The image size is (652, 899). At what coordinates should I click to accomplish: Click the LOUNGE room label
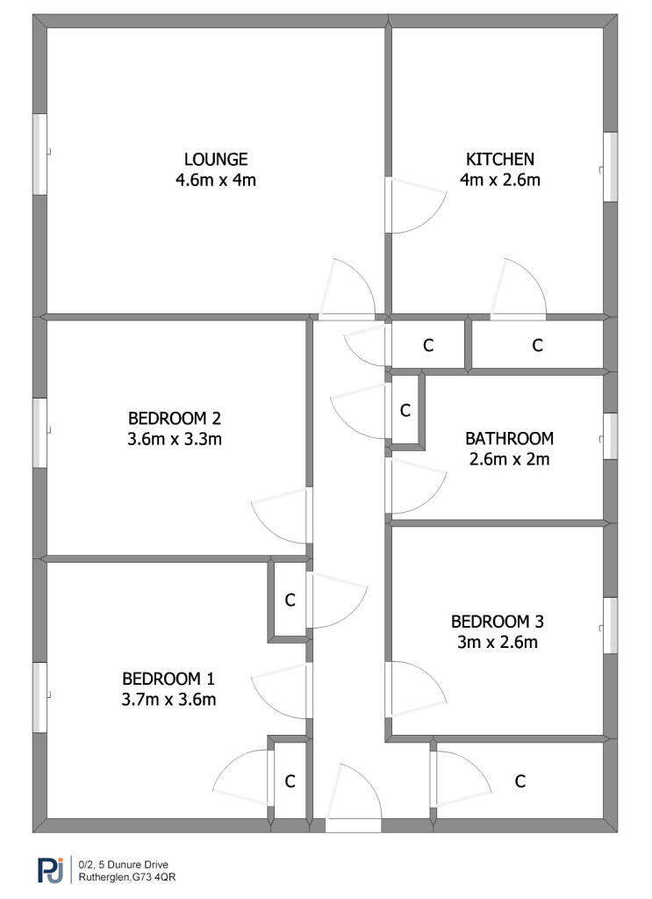point(216,159)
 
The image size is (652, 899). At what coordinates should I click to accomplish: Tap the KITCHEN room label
point(499,159)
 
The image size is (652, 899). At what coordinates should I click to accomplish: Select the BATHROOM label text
point(509,439)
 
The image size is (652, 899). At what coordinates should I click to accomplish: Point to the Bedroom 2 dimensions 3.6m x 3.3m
point(175,439)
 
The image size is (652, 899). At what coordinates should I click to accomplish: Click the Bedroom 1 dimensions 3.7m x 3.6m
point(169,700)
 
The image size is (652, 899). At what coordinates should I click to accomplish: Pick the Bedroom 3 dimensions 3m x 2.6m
point(498,642)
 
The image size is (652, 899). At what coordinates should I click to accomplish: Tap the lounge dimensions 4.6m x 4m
point(216,180)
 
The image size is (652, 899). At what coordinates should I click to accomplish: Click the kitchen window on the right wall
point(611,167)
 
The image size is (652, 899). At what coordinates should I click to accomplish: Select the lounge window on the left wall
point(39,154)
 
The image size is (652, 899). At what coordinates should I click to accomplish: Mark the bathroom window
point(611,436)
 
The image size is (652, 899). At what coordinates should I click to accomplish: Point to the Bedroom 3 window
point(611,625)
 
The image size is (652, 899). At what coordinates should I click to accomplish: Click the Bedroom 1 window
point(39,697)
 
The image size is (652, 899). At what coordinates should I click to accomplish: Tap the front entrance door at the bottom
point(353,825)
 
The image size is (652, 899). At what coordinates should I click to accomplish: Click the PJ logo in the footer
point(50,870)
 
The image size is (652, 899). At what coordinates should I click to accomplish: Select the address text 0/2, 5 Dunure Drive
point(123,865)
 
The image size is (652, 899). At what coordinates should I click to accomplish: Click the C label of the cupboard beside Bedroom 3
point(519,780)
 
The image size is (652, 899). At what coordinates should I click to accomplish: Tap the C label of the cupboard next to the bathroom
point(405,411)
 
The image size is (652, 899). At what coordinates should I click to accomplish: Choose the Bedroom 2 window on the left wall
point(39,433)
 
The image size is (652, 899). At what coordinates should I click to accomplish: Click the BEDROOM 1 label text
point(168,679)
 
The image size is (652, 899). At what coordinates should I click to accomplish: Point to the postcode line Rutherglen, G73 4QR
point(127,877)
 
